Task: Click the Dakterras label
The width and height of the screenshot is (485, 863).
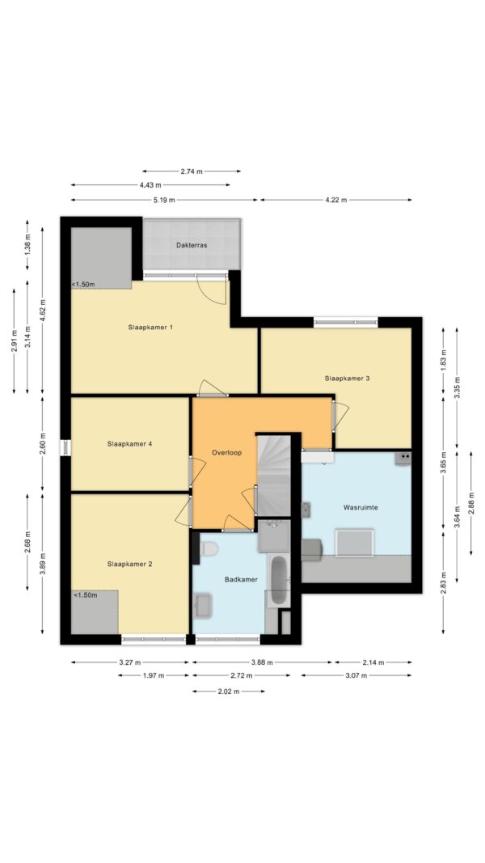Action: click(x=192, y=245)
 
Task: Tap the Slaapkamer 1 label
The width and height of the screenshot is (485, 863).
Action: click(x=150, y=327)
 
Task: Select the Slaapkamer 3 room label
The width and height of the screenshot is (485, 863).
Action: click(x=347, y=378)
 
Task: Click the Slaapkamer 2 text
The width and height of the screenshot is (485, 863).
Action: click(x=130, y=564)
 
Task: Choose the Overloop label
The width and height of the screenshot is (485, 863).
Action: click(x=226, y=452)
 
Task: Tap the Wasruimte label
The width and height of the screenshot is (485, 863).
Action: click(x=361, y=507)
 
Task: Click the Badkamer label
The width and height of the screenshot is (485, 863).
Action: click(x=241, y=580)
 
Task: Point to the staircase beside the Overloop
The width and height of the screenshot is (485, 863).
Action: click(x=273, y=476)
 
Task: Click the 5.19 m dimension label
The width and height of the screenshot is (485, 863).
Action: click(x=164, y=200)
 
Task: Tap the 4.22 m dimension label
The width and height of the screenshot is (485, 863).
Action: click(x=336, y=200)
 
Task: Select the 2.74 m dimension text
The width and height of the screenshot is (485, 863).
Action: click(x=192, y=171)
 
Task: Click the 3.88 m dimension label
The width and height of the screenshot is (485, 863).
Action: click(x=262, y=662)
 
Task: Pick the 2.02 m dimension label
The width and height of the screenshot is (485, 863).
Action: click(x=228, y=692)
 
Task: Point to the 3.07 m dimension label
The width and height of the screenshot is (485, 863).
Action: click(x=356, y=675)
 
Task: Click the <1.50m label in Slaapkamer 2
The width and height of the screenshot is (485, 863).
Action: click(x=85, y=595)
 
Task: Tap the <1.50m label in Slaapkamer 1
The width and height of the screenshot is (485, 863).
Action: click(x=83, y=284)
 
